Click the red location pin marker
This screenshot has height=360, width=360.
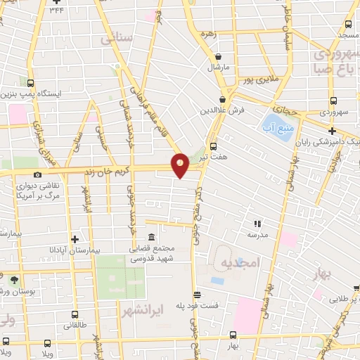[181, 165]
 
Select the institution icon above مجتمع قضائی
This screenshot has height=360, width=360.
[151, 237]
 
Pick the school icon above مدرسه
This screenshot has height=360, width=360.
[257, 223]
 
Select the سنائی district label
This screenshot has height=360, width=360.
[117, 40]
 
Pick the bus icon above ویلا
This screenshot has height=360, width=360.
[46, 343]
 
